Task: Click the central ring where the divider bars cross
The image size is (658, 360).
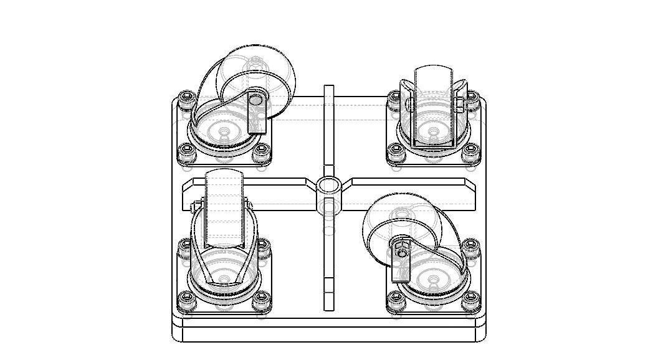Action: click(328, 185)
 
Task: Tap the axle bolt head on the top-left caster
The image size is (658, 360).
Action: click(255, 99)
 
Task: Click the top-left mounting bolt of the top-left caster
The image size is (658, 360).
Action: click(186, 98)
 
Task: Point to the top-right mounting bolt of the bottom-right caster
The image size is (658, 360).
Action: click(471, 245)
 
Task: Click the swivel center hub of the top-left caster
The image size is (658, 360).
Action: click(224, 132)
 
